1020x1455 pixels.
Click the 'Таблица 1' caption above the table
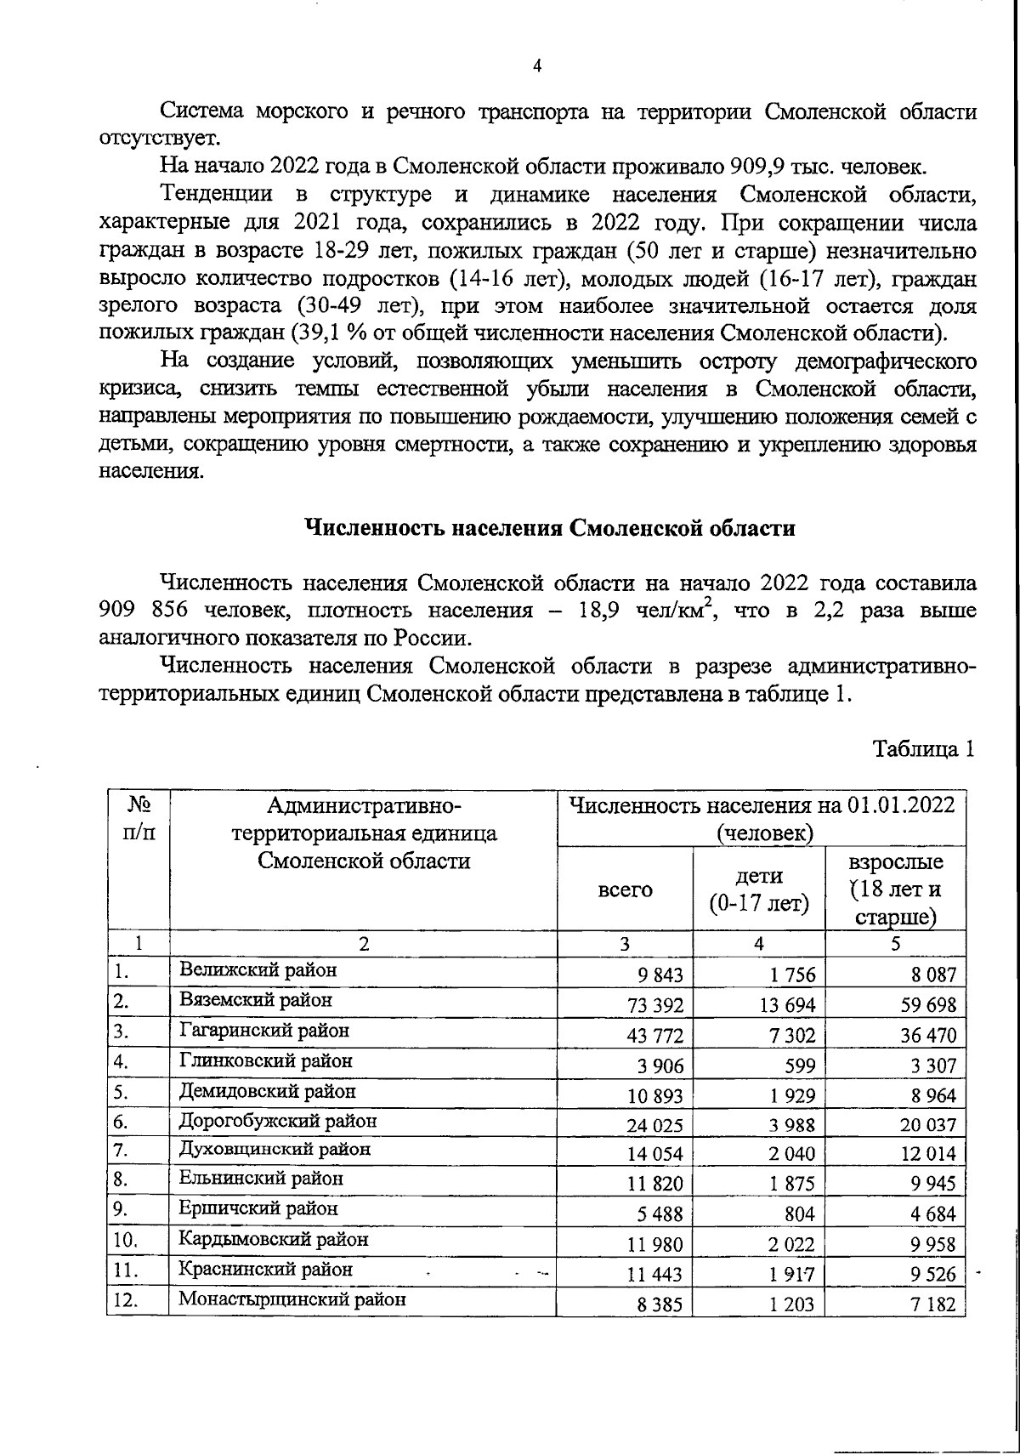click(x=922, y=751)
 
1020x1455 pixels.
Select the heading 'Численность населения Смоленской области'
click(x=550, y=528)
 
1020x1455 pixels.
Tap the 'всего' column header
click(x=626, y=889)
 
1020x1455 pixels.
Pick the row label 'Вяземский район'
click(x=256, y=1000)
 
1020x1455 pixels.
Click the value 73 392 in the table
click(x=654, y=1005)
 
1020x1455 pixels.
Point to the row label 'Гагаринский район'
click(x=264, y=1030)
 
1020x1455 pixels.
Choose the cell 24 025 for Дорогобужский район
click(x=654, y=1125)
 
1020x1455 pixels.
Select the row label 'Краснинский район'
click(x=265, y=1270)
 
